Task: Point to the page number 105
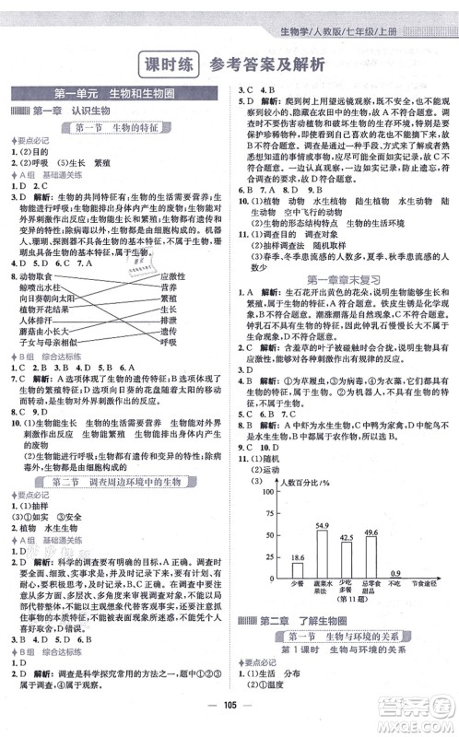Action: point(229,720)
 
